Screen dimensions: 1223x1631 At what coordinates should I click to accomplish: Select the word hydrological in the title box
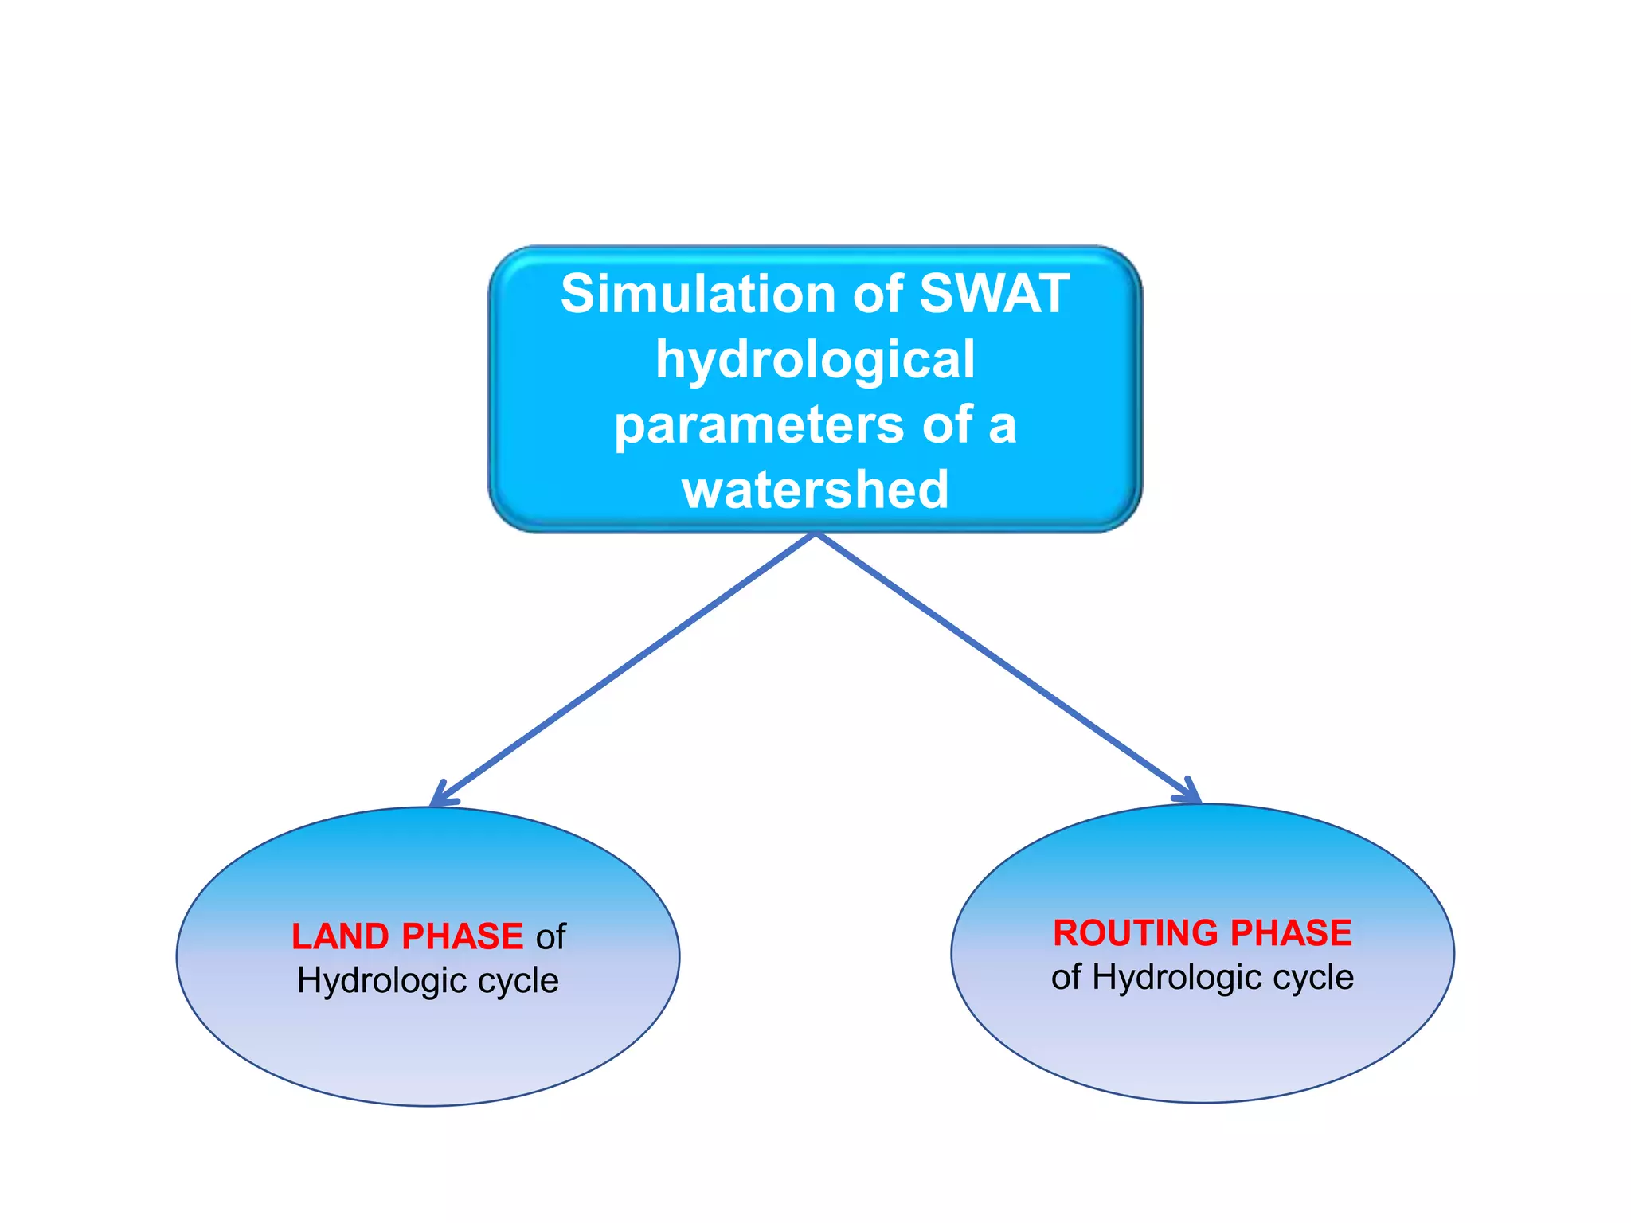(815, 360)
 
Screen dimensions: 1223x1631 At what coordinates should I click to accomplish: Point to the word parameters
(758, 425)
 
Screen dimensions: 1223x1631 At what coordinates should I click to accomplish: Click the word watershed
(815, 490)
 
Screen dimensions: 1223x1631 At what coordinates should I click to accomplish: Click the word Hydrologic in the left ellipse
(381, 981)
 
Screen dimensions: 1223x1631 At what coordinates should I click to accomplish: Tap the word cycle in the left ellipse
(518, 981)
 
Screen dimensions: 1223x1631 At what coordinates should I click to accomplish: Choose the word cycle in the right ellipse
(1313, 978)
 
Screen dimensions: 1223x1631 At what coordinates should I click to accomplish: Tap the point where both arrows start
(815, 534)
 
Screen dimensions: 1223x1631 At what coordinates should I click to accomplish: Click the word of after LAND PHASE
(550, 937)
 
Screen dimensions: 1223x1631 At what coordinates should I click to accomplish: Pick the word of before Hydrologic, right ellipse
(1066, 978)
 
